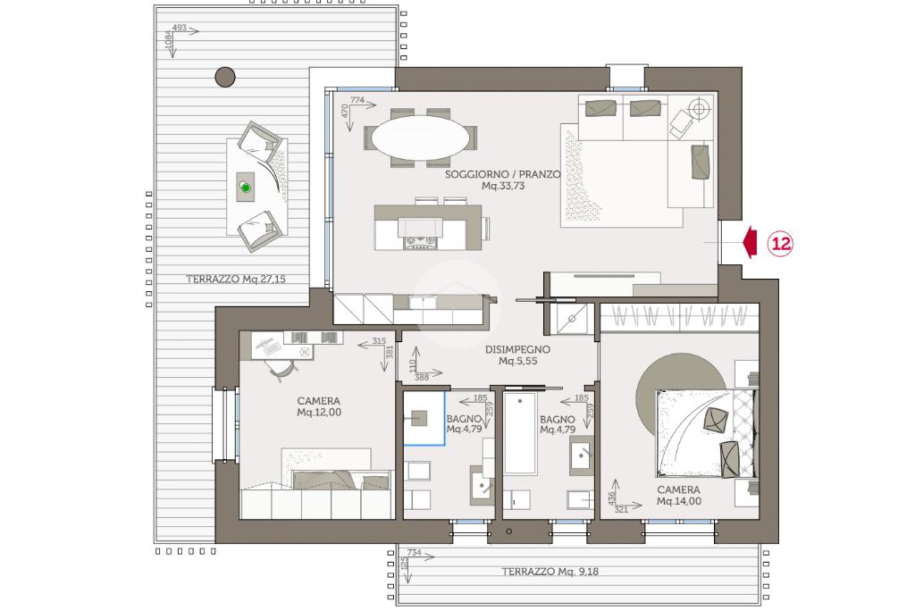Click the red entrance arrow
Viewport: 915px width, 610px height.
pos(751,243)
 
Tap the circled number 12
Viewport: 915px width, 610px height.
pos(781,243)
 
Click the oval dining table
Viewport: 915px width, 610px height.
pos(420,138)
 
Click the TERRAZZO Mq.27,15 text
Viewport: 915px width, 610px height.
pos(236,280)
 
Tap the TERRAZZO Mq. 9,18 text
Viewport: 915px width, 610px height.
pos(550,572)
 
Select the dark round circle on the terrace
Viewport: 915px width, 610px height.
pos(225,77)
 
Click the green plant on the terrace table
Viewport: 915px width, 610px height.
pos(246,188)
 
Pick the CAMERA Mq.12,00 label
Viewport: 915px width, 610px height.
pos(319,406)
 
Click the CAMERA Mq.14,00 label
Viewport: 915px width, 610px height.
pos(679,495)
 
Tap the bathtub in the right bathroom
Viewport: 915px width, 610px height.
pos(520,432)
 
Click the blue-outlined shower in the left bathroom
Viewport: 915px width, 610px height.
pos(424,418)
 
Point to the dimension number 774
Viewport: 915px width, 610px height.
pos(357,100)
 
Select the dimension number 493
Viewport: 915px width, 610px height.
pos(179,28)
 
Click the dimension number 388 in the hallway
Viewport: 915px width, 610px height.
pos(422,377)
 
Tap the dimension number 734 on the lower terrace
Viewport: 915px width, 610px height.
pos(414,552)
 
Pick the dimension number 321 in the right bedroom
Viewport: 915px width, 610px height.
pos(622,509)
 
